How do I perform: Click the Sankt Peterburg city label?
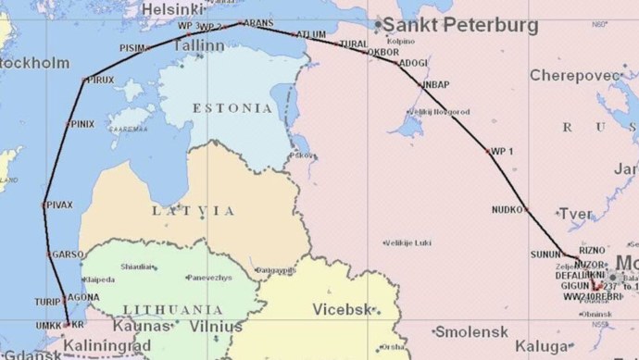[460, 26]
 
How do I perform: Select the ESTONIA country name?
[232, 108]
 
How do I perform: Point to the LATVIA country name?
[194, 211]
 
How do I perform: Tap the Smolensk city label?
[472, 331]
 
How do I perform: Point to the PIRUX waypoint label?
[100, 81]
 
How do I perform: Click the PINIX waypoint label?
[81, 123]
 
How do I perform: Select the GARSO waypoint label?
[68, 254]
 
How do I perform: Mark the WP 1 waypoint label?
[501, 150]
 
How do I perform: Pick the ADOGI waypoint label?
[413, 63]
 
